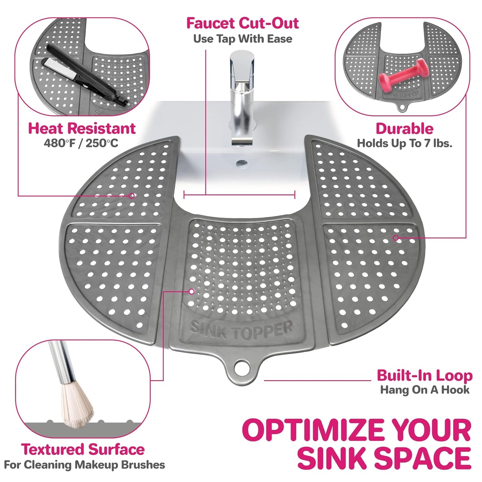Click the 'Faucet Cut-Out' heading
(x=242, y=23)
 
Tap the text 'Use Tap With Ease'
(x=242, y=39)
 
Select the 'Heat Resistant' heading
(x=82, y=128)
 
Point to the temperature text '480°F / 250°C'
(x=81, y=143)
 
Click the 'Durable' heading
(x=404, y=129)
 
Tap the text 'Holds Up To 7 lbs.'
(x=404, y=143)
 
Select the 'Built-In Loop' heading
(x=424, y=376)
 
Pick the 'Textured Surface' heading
(x=83, y=449)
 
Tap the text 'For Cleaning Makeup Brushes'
(x=84, y=465)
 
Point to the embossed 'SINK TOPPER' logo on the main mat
(x=242, y=330)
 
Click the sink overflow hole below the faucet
(x=242, y=163)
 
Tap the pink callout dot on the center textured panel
(x=191, y=292)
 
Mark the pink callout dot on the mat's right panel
(x=396, y=238)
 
